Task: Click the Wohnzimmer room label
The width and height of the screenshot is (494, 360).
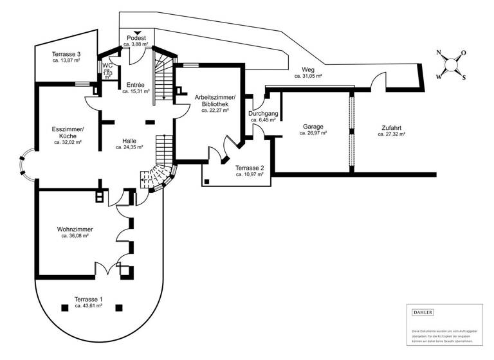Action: click(75, 230)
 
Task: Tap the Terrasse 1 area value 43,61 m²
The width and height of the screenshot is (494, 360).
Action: click(88, 306)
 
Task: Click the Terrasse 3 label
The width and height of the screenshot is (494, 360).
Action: click(66, 54)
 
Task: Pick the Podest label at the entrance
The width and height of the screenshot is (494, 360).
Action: click(136, 38)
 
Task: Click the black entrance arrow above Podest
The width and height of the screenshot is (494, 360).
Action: click(137, 32)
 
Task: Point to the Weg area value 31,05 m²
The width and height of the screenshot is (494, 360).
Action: click(308, 76)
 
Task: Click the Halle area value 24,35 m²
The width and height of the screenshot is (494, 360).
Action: click(129, 147)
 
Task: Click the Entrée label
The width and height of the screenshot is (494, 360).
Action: click(135, 85)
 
